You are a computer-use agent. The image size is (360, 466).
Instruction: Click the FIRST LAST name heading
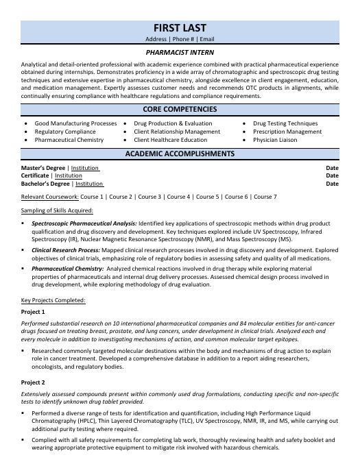click(x=180, y=27)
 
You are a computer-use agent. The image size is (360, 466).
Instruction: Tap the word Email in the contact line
click(x=207, y=40)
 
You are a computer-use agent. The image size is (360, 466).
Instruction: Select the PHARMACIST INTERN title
click(x=180, y=52)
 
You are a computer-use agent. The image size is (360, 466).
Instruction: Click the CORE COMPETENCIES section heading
click(x=180, y=110)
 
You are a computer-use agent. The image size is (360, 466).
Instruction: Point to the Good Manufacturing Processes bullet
click(x=75, y=123)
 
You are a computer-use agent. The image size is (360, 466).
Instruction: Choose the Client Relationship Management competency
click(x=177, y=132)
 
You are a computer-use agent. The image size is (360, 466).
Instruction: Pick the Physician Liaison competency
click(x=275, y=140)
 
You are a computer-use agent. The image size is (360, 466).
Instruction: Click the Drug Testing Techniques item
click(x=285, y=123)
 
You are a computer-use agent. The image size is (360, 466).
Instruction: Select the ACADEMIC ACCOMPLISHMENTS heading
click(x=180, y=154)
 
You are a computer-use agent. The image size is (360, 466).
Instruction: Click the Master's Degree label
click(x=44, y=168)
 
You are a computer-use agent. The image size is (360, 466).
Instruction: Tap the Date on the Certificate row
click(x=332, y=176)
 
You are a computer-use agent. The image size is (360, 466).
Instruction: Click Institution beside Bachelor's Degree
click(x=89, y=184)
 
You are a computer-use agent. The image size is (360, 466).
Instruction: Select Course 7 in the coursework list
click(x=265, y=197)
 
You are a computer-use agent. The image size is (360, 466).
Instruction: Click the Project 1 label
click(x=33, y=312)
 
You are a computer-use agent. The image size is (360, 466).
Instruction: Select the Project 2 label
click(x=33, y=382)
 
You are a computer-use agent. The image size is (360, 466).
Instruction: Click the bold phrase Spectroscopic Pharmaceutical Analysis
click(x=84, y=223)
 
